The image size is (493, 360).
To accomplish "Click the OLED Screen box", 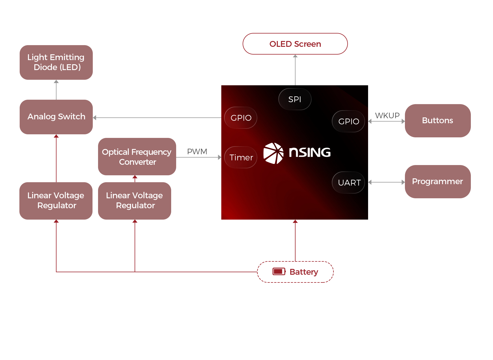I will coord(295,44).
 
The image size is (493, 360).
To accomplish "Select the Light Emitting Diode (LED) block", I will coord(56,62).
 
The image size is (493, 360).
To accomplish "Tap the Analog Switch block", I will coord(56,117).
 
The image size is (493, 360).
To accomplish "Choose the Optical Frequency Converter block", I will coord(137,157).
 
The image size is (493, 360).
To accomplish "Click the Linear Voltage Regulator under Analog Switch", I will coord(56,200).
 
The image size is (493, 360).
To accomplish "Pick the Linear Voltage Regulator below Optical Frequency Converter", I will coord(135,200).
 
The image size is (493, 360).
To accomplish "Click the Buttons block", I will coord(438,121).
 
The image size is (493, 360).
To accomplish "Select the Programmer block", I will coord(438,182).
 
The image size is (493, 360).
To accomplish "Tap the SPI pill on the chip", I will coord(295,99).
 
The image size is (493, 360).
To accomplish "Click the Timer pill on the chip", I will coord(241,157).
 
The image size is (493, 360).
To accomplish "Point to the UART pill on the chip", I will coord(348,182).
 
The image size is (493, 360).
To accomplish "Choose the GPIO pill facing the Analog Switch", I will coord(241,118).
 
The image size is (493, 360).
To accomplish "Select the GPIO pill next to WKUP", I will coord(348,121).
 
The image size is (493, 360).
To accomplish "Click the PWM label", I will coord(197,151).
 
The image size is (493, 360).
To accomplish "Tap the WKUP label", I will coord(387,115).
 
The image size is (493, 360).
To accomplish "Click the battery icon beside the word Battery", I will coord(279,271).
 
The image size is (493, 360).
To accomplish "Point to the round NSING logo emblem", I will coord(273,153).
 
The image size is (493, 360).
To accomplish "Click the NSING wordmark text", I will coord(310,152).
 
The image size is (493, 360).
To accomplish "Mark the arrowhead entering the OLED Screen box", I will coord(295,56).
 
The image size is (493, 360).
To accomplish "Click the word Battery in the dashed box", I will coord(304,272).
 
